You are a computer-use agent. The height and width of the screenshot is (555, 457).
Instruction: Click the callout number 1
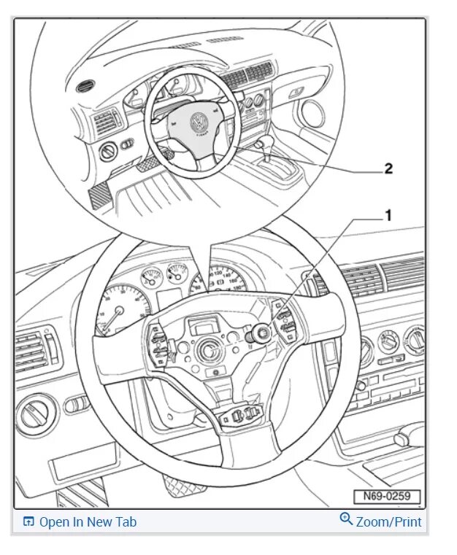click(388, 215)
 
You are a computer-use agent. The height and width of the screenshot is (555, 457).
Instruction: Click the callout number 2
click(388, 168)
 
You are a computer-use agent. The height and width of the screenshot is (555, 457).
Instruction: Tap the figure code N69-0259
click(388, 497)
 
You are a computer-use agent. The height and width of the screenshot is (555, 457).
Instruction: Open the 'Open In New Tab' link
click(87, 521)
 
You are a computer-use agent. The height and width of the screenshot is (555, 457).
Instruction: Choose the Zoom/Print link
click(388, 521)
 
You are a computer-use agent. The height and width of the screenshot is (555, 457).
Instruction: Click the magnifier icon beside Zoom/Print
click(346, 519)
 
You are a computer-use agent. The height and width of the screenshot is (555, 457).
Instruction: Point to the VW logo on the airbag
click(198, 122)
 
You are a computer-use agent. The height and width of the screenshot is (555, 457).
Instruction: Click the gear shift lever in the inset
click(264, 146)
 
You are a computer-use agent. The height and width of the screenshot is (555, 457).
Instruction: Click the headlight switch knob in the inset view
click(107, 152)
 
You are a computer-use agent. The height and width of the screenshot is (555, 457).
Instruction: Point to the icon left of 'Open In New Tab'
click(28, 521)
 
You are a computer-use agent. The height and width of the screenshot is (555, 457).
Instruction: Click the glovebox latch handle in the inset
click(296, 93)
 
